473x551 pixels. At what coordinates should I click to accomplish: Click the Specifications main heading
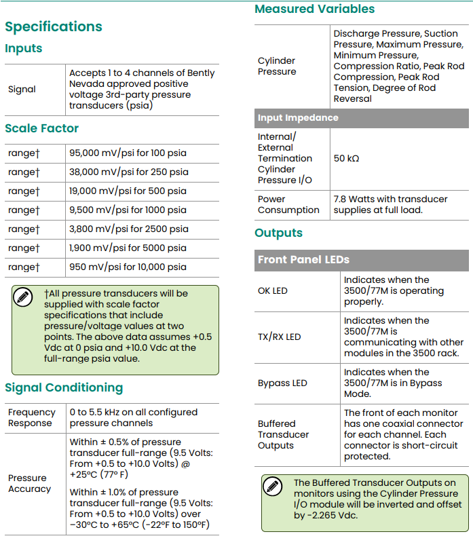click(x=54, y=27)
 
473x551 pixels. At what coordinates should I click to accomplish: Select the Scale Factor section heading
click(x=42, y=128)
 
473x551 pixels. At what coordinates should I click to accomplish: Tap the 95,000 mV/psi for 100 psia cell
click(x=129, y=153)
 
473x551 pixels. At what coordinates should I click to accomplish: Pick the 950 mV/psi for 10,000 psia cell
click(x=128, y=267)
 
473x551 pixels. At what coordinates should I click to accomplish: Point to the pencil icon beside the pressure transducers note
click(x=23, y=297)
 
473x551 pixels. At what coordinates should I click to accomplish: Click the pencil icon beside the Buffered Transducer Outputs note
click(x=272, y=487)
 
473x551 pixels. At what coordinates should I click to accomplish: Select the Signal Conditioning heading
click(x=64, y=387)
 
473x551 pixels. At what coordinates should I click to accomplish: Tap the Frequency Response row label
click(x=31, y=417)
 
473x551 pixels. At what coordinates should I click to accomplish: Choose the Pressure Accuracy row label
click(x=29, y=483)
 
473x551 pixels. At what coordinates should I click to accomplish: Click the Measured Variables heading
click(x=314, y=9)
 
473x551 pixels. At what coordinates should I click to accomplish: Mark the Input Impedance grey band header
click(x=298, y=118)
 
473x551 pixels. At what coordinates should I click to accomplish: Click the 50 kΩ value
click(x=346, y=158)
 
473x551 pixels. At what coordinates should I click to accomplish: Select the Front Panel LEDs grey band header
click(x=303, y=259)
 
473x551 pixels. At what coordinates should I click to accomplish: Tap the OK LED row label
click(x=273, y=291)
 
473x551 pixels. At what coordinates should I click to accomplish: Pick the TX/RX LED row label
click(x=279, y=337)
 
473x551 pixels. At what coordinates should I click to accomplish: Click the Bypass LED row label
click(x=282, y=383)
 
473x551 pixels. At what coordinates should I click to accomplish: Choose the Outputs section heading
click(x=278, y=233)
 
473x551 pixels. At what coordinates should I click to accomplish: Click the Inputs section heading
click(x=24, y=48)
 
